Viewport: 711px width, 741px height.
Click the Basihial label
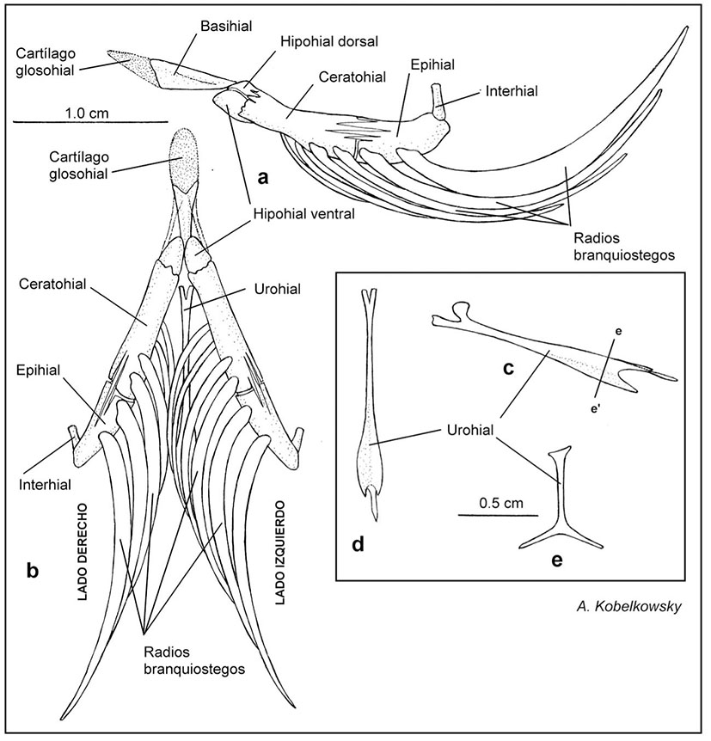[226, 27]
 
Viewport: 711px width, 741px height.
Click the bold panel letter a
[263, 178]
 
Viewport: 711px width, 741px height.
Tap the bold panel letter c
[509, 369]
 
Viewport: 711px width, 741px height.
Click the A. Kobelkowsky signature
[628, 606]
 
